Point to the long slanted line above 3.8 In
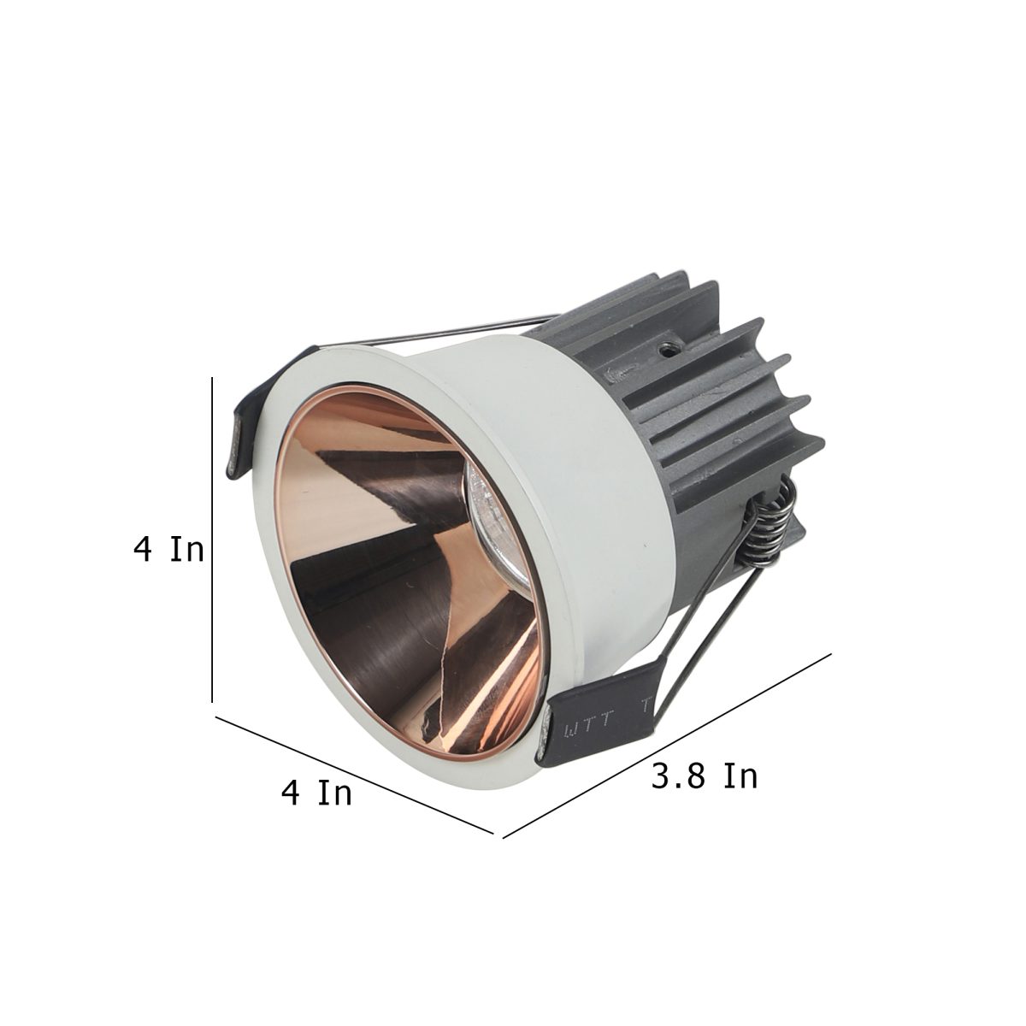click(x=667, y=752)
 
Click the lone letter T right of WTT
click(x=646, y=705)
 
